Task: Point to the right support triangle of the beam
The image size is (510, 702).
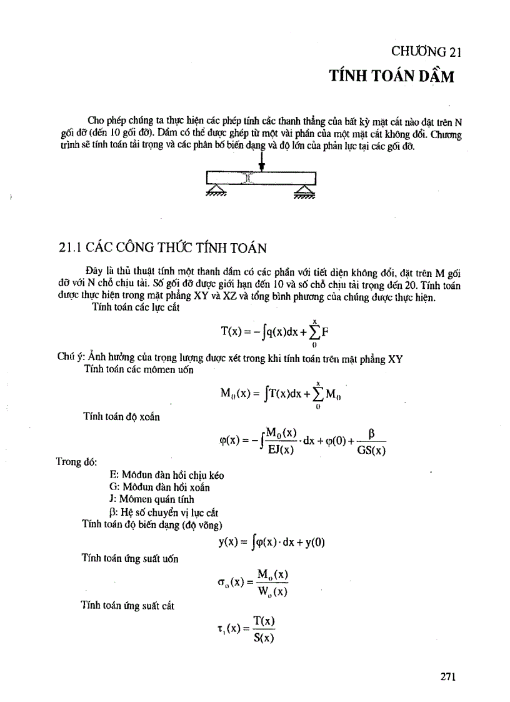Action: tap(304, 189)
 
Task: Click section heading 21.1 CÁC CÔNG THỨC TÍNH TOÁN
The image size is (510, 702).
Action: tap(162, 248)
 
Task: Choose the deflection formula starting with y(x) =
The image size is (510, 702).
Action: tap(271, 543)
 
